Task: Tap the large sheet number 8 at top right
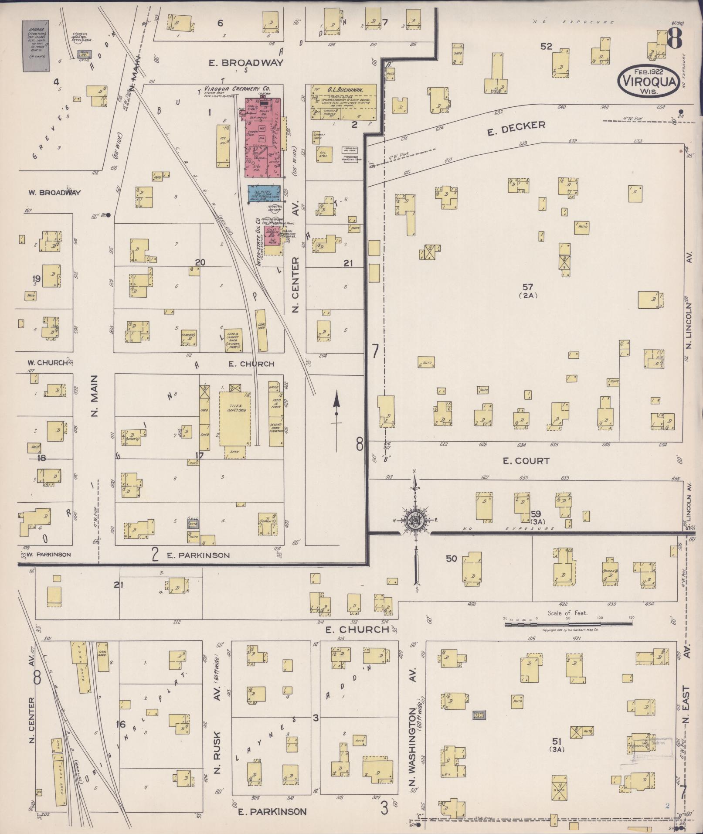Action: pyautogui.click(x=674, y=39)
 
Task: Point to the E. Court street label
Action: pyautogui.click(x=526, y=461)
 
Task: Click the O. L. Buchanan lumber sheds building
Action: pyautogui.click(x=343, y=102)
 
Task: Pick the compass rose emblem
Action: pyautogui.click(x=415, y=520)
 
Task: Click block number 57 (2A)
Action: pyautogui.click(x=528, y=290)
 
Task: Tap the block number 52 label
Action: pyautogui.click(x=546, y=46)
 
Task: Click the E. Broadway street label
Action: pyautogui.click(x=246, y=63)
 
